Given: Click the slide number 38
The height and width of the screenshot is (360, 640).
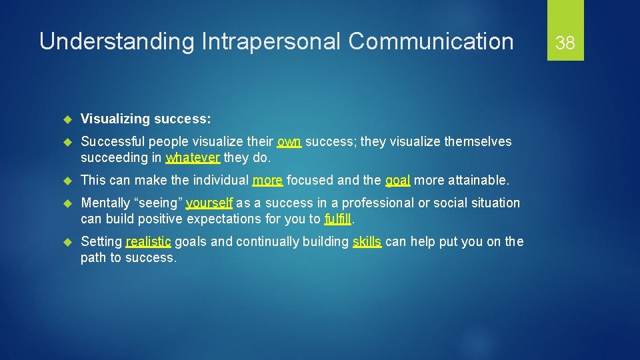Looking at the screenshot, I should pos(565,43).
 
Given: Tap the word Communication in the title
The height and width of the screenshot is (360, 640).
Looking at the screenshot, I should pos(431,42).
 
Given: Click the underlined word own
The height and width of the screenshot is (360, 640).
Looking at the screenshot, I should pos(289,141).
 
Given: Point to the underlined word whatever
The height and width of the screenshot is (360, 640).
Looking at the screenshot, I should pos(193,157).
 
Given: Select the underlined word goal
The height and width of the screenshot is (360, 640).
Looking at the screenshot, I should pos(398,180).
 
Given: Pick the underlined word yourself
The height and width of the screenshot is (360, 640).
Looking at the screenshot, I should pos(209,203).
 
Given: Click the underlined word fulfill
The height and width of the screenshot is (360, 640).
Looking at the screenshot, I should pos(337,219).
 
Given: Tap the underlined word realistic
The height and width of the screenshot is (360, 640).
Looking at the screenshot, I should pos(148,241).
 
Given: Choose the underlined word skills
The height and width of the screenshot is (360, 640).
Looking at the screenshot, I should pos(367,241).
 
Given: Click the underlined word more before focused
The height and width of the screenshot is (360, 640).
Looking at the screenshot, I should pos(267,180).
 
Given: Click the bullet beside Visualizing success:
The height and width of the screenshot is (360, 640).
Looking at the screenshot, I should pos(67,119).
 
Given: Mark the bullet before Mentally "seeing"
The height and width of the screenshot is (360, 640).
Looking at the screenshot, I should pos(67,203).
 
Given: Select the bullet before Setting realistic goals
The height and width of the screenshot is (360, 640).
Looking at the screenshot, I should pos(67,242).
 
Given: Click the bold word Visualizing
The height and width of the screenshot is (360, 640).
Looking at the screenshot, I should pos(115,119).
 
